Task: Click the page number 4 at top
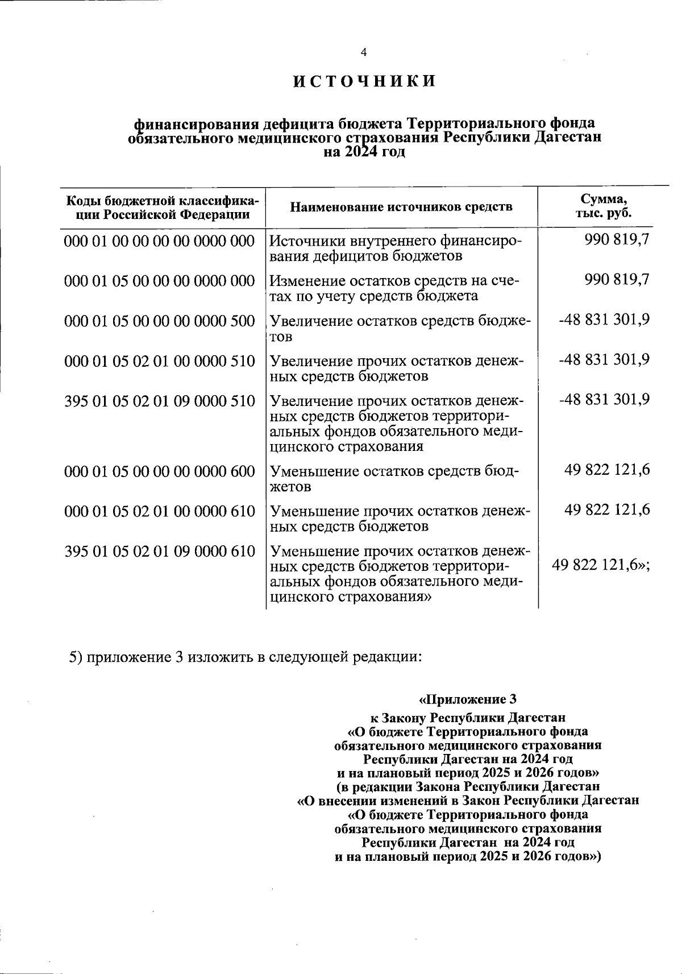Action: [364, 52]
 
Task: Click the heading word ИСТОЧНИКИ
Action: [364, 81]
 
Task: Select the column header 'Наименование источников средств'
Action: [401, 206]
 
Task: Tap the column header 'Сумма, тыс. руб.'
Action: [604, 206]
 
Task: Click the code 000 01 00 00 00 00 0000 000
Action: [160, 241]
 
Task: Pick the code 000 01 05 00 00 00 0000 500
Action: [160, 321]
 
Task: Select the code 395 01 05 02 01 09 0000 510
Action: [160, 401]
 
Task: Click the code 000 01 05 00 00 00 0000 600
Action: [160, 471]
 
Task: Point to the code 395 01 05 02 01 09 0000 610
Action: [160, 551]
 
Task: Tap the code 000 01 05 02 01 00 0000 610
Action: [160, 511]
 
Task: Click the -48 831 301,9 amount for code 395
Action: [604, 399]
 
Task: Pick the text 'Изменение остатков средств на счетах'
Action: [394, 288]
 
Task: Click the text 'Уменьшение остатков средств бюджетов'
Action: [394, 479]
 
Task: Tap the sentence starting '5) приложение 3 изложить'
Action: [246, 657]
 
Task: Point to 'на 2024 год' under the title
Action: [364, 152]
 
